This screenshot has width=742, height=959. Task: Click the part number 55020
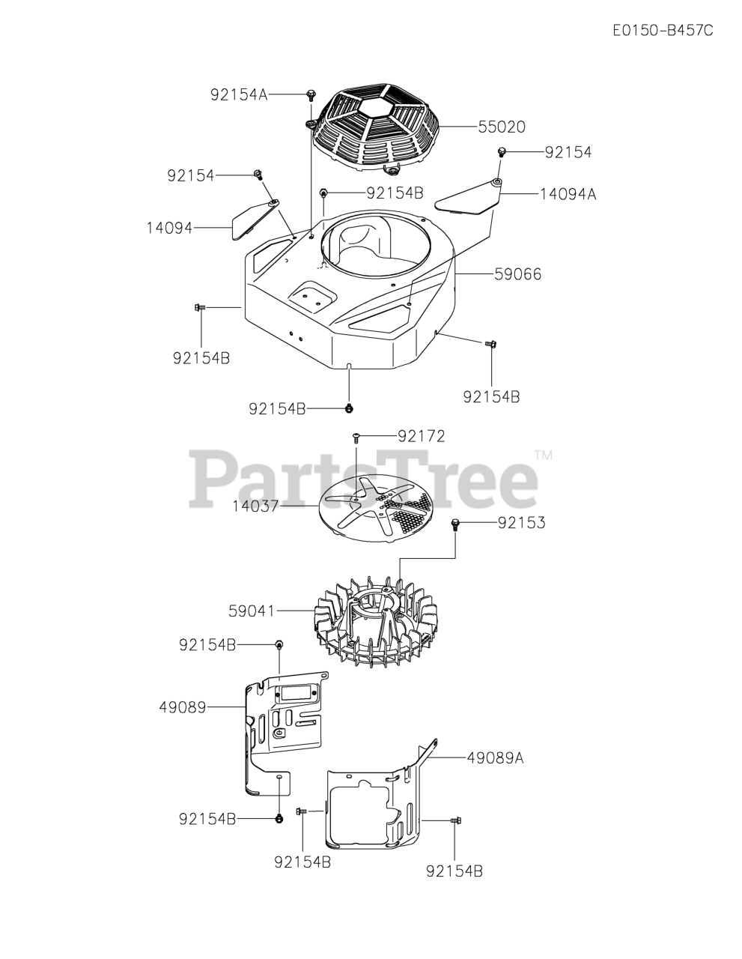[x=502, y=127]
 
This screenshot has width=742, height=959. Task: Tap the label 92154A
[x=239, y=94]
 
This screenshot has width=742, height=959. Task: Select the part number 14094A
[x=568, y=193]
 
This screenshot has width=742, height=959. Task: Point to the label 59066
[x=517, y=275]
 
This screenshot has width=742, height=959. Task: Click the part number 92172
[x=421, y=436]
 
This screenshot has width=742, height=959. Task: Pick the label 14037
[x=255, y=506]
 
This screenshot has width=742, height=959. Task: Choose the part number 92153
[x=521, y=523]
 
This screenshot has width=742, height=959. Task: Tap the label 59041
[x=252, y=611]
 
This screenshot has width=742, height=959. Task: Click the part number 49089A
[x=494, y=757]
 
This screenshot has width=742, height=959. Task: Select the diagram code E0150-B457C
[x=662, y=31]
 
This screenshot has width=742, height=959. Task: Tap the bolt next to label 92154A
[x=310, y=94]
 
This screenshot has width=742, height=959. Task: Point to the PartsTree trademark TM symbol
[x=543, y=455]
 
